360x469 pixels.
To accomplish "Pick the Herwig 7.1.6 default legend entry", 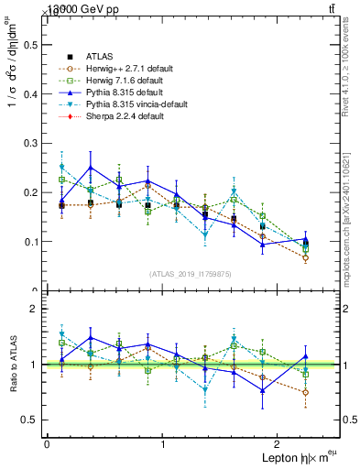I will coord(129,81).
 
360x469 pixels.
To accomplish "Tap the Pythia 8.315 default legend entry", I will coord(127,93).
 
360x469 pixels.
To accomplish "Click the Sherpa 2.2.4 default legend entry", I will coord(127,118).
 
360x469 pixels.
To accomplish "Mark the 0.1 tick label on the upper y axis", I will coord(33,242).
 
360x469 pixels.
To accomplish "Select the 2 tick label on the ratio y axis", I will coord(37,309).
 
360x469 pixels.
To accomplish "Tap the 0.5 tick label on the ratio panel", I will coord(33,420).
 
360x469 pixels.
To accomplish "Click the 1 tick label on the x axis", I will coord(162,443).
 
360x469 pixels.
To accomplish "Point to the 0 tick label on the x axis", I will coord(46,443).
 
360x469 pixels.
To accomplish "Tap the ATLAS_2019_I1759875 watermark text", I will coord(191,274).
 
